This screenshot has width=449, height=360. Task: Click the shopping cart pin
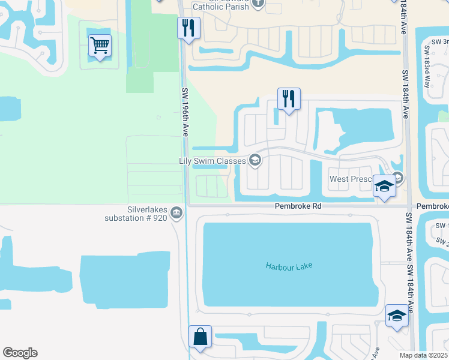click(x=100, y=45)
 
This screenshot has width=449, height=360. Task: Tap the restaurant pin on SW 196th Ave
click(x=188, y=27)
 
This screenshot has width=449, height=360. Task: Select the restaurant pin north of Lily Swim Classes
click(x=289, y=98)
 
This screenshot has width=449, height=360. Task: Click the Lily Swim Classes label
click(x=213, y=161)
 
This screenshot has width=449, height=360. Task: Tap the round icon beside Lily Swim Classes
click(x=255, y=160)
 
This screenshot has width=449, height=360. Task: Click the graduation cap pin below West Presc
click(x=384, y=186)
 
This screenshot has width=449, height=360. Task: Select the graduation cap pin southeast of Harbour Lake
click(x=397, y=315)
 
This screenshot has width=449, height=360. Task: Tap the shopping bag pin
click(x=200, y=337)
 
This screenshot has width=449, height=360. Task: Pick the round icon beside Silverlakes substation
click(x=176, y=213)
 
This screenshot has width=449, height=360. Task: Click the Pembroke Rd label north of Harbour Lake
click(x=298, y=206)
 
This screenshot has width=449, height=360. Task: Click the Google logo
click(x=20, y=353)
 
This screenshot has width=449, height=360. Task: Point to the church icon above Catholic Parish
click(x=258, y=2)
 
